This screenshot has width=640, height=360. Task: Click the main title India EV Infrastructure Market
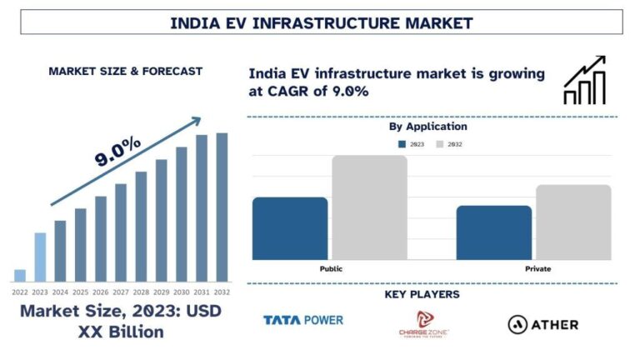click(321, 22)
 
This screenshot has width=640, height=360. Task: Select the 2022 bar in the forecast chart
click(20, 275)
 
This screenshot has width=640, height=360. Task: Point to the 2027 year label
click(121, 292)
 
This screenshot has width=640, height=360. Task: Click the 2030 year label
click(182, 292)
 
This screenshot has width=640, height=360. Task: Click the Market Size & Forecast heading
click(126, 72)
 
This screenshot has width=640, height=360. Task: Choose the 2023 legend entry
click(413, 144)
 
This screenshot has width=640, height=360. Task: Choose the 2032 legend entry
click(449, 144)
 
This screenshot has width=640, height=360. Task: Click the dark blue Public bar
click(289, 228)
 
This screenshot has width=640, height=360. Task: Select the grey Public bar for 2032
click(370, 207)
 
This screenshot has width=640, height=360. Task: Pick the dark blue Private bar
click(493, 232)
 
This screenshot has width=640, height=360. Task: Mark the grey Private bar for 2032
click(573, 222)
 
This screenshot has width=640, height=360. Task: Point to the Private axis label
click(537, 269)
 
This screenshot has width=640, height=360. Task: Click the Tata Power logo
click(303, 320)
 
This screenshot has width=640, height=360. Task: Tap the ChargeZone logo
click(423, 324)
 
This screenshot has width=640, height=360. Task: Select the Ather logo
click(542, 324)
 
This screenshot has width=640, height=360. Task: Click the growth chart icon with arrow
click(585, 80)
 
